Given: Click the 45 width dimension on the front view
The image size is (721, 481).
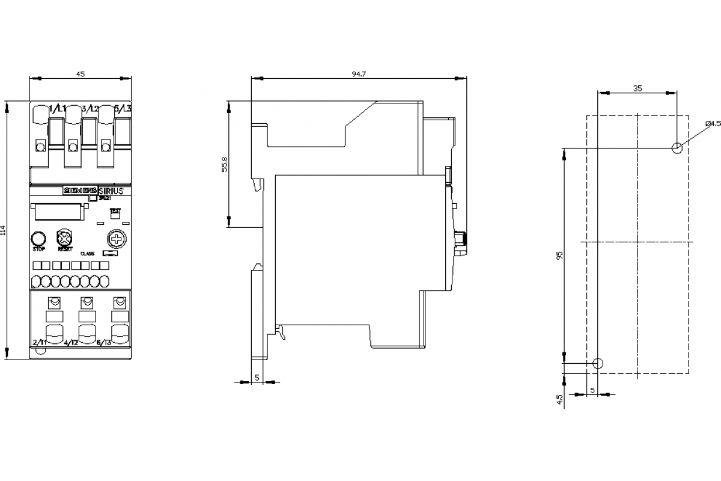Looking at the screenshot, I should pyautogui.click(x=81, y=73).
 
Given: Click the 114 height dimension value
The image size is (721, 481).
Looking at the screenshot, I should pyautogui.click(x=3, y=230).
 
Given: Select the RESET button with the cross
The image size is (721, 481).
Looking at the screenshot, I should pyautogui.click(x=64, y=237).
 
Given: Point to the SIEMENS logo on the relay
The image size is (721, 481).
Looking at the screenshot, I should pyautogui.click(x=77, y=191).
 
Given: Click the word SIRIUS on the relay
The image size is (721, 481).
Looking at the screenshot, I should pyautogui.click(x=110, y=191).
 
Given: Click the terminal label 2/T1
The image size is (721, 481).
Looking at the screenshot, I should pyautogui.click(x=40, y=342).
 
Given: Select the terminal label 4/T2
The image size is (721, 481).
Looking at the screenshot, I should pyautogui.click(x=71, y=342).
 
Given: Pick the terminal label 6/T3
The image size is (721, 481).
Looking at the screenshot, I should pyautogui.click(x=104, y=342).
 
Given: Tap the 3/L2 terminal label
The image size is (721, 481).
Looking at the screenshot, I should pyautogui.click(x=90, y=109).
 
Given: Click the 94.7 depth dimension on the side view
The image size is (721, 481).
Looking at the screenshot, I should pyautogui.click(x=359, y=73).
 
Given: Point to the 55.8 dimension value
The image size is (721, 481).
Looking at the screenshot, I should pyautogui.click(x=225, y=165).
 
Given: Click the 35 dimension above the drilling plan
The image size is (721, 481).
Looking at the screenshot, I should pyautogui.click(x=637, y=88).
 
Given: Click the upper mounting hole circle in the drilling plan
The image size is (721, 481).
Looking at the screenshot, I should pyautogui.click(x=677, y=148).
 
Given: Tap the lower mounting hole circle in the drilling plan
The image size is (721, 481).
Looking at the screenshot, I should pyautogui.click(x=597, y=363).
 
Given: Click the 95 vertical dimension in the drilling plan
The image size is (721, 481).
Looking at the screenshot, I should pyautogui.click(x=559, y=255).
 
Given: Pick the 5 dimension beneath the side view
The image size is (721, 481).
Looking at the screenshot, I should pyautogui.click(x=257, y=377).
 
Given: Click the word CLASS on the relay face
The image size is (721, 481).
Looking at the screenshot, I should pyautogui.click(x=88, y=253).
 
